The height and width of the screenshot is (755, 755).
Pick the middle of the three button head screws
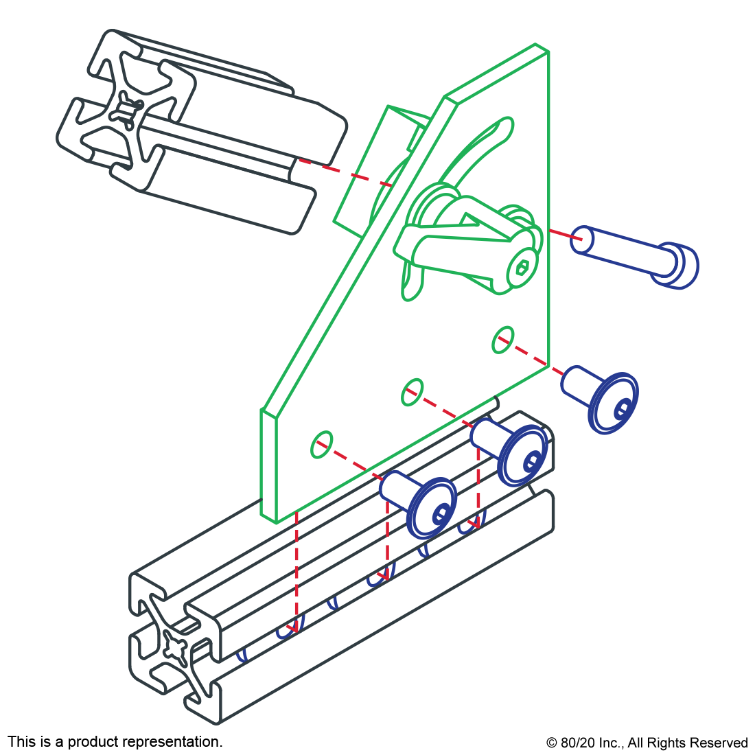[x=518, y=453]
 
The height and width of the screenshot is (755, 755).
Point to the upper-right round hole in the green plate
[x=503, y=340]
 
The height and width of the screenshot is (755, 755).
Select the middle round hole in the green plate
[x=412, y=391]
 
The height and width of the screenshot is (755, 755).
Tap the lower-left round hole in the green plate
[x=321, y=445]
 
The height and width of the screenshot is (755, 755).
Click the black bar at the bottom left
[x=115, y=743]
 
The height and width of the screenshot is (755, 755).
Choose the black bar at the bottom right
[x=647, y=744]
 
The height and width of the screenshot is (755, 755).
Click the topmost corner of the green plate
[x=536, y=45]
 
